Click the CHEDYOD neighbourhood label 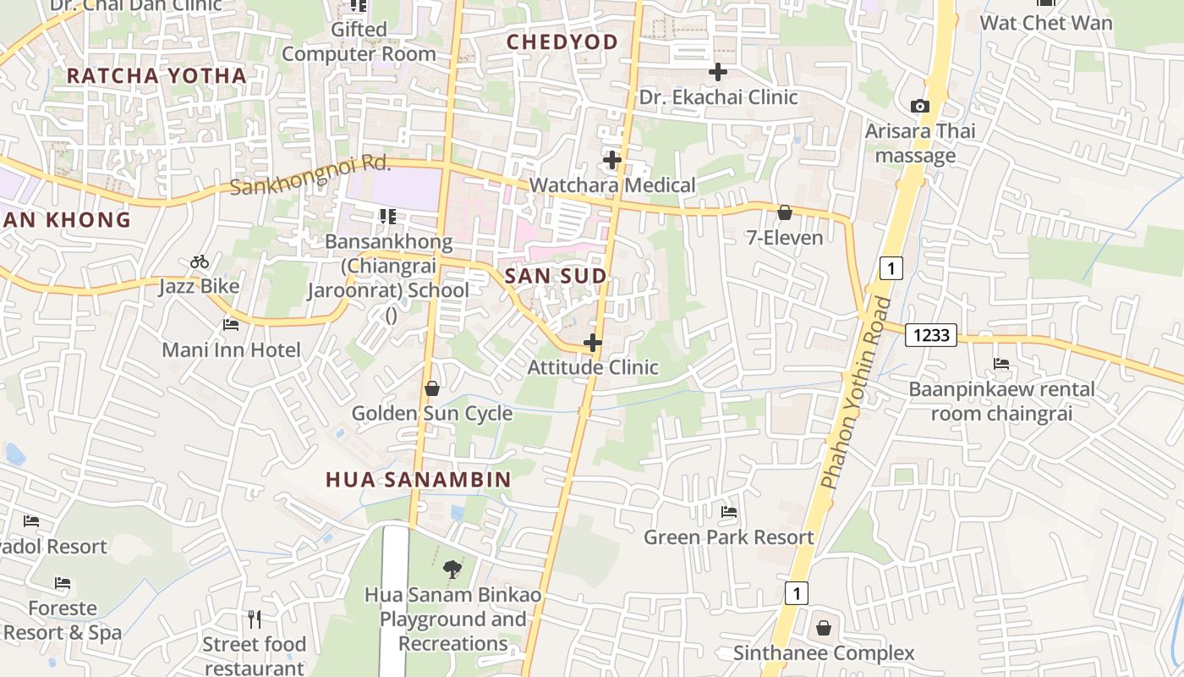click(562, 41)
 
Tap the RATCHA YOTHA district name click(156, 75)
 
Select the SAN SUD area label click(556, 276)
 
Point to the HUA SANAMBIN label click(419, 480)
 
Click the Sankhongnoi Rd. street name click(310, 175)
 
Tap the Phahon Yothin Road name click(856, 393)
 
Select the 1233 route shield click(930, 335)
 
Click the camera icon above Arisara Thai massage click(919, 107)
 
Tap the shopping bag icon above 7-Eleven click(785, 212)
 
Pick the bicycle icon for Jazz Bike click(200, 262)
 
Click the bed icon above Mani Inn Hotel click(231, 325)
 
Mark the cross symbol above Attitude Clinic click(593, 343)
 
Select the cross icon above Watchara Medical click(612, 159)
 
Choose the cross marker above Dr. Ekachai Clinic click(718, 72)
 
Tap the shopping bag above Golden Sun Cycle click(432, 388)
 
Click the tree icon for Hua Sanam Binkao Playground click(452, 570)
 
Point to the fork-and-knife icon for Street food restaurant click(254, 619)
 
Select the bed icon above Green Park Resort click(729, 512)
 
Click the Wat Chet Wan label click(1046, 22)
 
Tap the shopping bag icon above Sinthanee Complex click(824, 629)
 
